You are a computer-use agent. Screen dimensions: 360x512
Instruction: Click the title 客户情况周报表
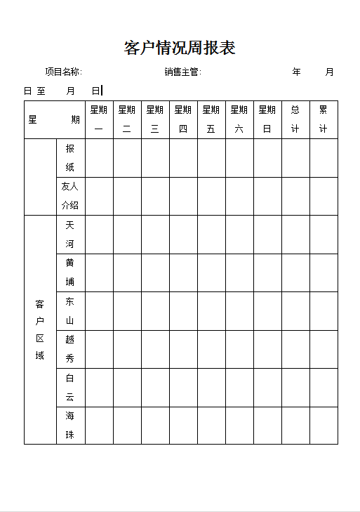180,48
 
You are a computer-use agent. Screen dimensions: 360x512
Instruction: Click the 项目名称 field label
63,72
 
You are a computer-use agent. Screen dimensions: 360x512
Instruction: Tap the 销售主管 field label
182,72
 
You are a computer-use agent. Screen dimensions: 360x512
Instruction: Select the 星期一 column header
99,119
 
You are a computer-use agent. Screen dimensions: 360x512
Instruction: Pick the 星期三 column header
155,119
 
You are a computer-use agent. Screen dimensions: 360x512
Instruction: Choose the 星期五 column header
211,119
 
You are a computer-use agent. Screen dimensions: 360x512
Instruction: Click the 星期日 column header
267,119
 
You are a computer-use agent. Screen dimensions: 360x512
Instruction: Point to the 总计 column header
295,119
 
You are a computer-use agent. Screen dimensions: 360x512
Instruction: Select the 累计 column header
324,119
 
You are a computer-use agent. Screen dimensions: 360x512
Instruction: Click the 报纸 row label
70,158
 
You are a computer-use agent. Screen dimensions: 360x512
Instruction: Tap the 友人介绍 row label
70,196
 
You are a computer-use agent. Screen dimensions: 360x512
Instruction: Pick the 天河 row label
70,235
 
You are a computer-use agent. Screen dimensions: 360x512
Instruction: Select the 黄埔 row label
70,273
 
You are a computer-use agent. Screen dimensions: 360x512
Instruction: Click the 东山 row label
70,311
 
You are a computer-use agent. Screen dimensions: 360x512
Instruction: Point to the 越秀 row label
70,349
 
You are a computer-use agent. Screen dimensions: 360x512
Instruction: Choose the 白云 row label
70,387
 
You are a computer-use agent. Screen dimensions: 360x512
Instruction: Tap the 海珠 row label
70,426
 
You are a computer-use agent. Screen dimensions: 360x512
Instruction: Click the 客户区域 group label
40,329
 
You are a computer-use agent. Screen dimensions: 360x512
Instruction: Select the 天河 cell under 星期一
99,235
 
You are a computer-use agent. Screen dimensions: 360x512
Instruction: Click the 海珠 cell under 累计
324,426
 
